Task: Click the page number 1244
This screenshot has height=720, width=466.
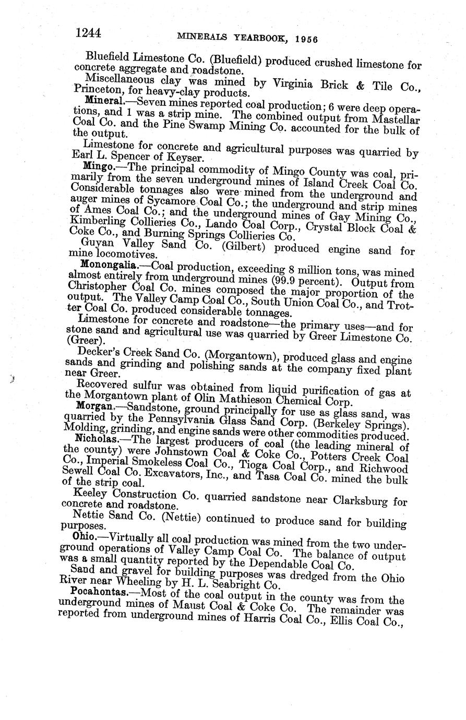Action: coord(88,32)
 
